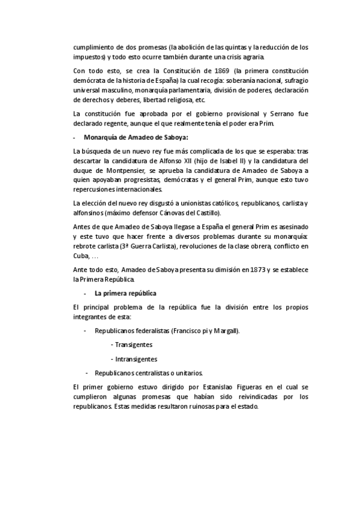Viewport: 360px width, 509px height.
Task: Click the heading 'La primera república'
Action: [x=125, y=293]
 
